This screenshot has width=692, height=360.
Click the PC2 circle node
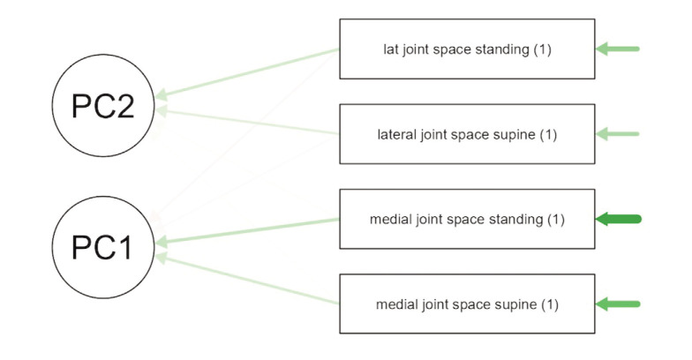pos(104,106)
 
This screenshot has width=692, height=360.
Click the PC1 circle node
pos(104,247)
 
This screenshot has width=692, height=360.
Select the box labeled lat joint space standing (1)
pos(467,49)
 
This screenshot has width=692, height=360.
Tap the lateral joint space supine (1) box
pos(467,134)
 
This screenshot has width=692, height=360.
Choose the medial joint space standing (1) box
pos(467,219)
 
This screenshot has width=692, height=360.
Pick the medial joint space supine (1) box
pos(467,304)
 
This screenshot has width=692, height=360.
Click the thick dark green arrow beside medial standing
pos(619,219)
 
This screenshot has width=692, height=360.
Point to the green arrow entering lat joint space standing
pos(618,49)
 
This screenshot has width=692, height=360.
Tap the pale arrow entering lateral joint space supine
pos(618,134)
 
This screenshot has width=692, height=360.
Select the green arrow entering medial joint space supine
pos(618,304)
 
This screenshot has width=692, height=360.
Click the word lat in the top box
pos(390,49)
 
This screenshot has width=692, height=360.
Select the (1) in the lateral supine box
pos(549,135)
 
